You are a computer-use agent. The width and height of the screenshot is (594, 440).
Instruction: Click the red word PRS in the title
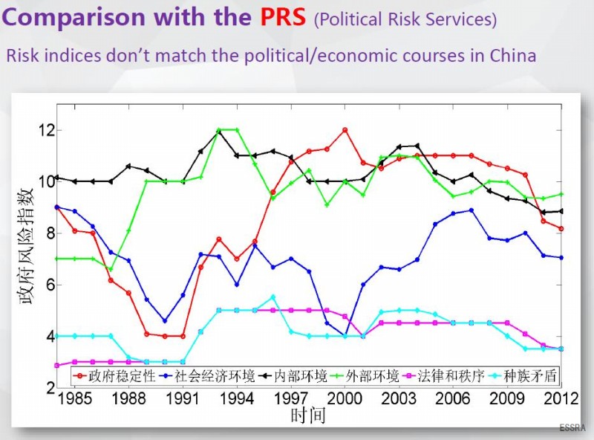click(x=283, y=18)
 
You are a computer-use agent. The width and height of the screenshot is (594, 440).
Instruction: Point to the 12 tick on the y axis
click(x=46, y=131)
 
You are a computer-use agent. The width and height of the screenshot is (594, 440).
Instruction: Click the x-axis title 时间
click(x=308, y=415)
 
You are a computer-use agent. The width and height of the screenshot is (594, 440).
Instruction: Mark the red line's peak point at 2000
click(x=345, y=130)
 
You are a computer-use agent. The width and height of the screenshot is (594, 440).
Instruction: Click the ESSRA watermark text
click(x=572, y=428)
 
